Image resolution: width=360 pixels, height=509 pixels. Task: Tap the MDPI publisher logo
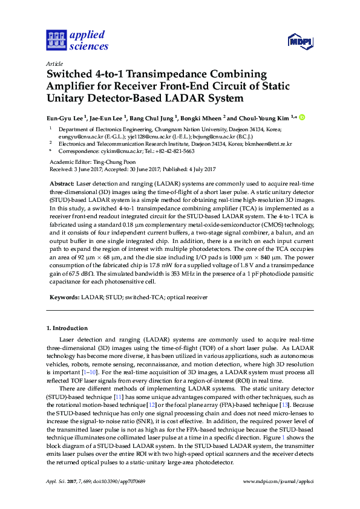[299, 41]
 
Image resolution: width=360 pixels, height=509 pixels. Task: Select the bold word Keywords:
[63, 297]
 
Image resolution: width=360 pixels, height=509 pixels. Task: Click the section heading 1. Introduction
[67, 328]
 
